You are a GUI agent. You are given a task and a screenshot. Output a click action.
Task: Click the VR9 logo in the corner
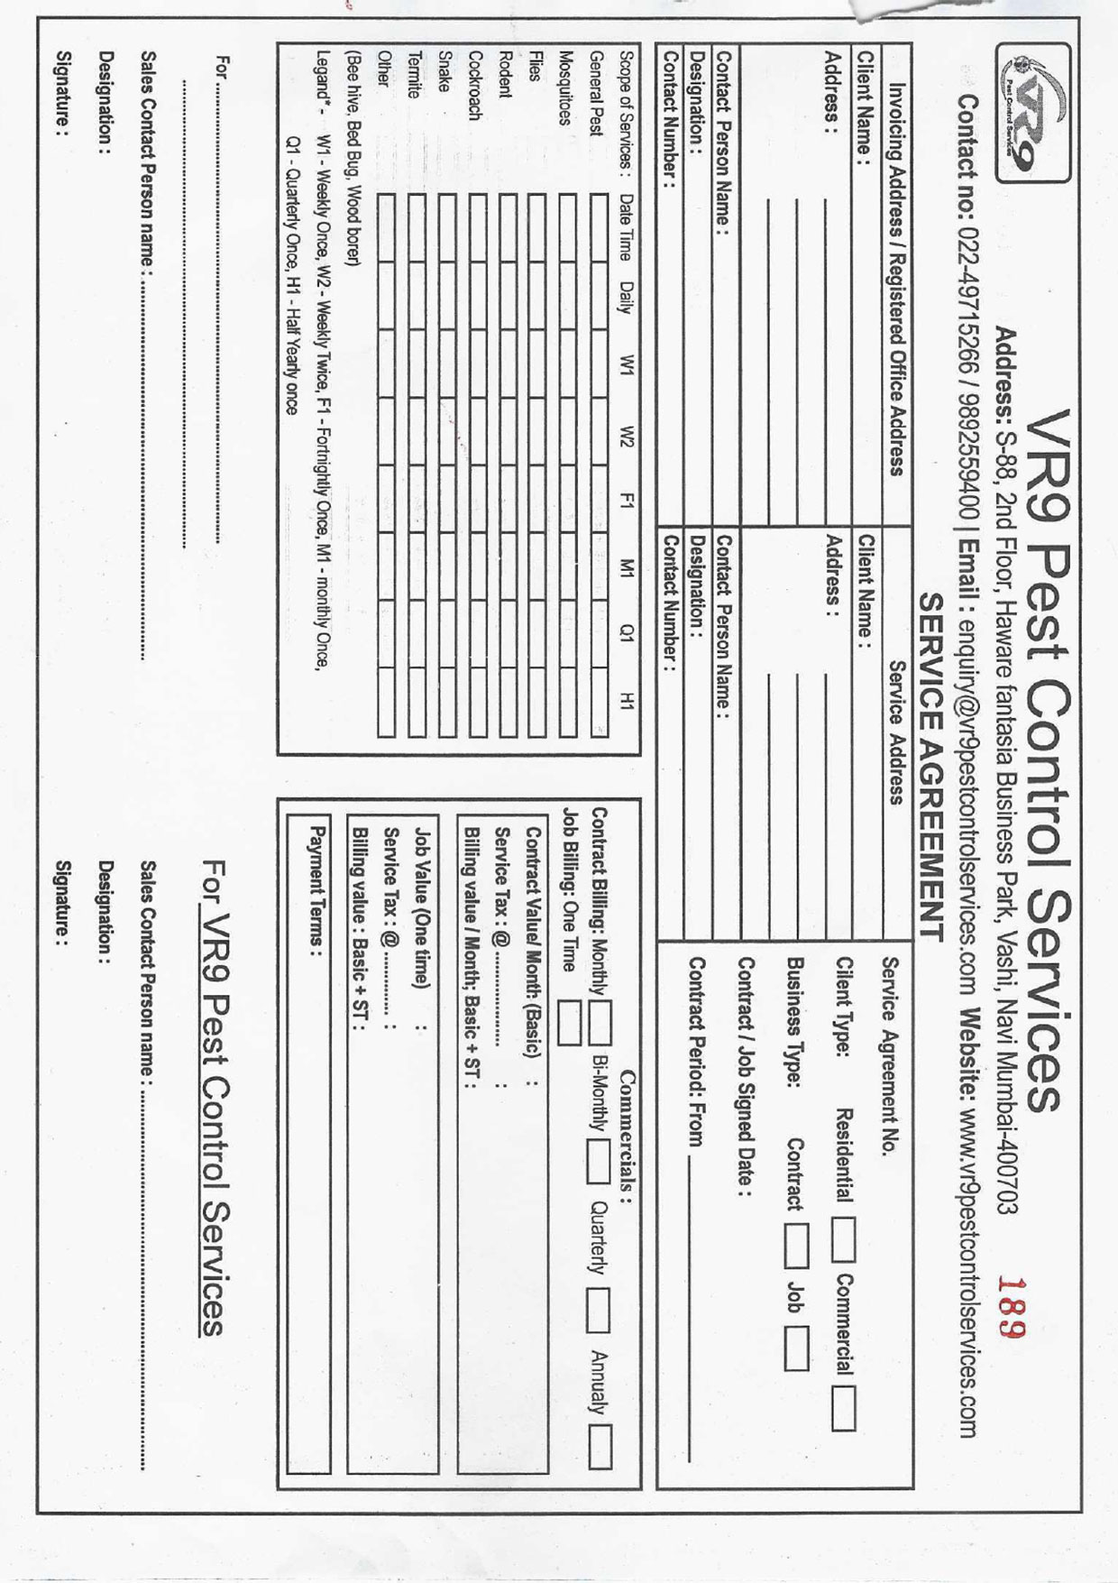pos(1033,115)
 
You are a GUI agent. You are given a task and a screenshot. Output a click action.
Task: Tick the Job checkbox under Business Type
pos(796,1351)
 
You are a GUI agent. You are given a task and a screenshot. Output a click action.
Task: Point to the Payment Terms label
pos(317,886)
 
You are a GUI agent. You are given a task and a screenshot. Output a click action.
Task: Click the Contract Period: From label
pos(696,1052)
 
